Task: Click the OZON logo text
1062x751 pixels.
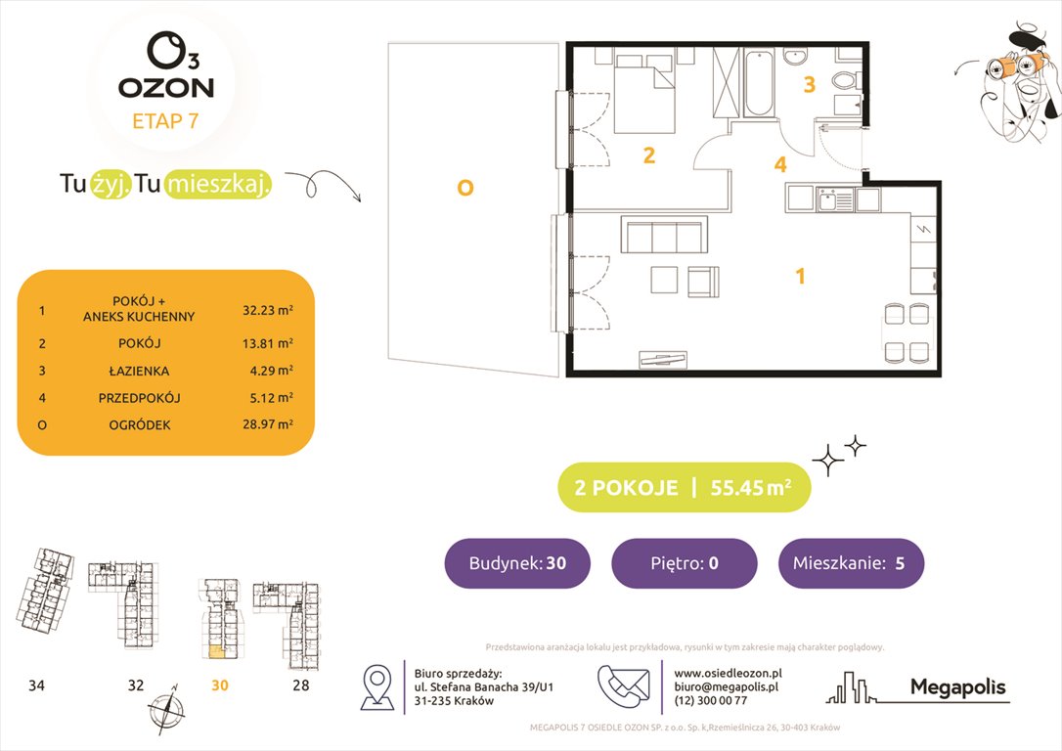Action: click(165, 87)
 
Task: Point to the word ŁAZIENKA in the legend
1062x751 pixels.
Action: click(139, 371)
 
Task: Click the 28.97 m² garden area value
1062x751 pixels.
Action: click(268, 424)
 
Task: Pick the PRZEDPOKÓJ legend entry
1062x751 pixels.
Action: click(139, 398)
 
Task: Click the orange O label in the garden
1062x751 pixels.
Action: click(465, 187)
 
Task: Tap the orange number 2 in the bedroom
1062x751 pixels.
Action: click(647, 155)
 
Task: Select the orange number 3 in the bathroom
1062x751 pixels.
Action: click(809, 85)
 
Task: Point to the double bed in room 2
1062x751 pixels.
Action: click(643, 96)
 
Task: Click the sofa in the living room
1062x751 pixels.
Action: click(663, 238)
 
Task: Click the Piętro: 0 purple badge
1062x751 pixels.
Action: click(684, 563)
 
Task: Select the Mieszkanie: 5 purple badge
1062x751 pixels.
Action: click(851, 563)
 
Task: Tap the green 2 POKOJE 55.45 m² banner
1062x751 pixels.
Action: click(684, 488)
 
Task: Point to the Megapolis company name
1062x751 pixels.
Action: click(957, 687)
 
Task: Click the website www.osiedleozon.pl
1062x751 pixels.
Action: click(728, 673)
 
